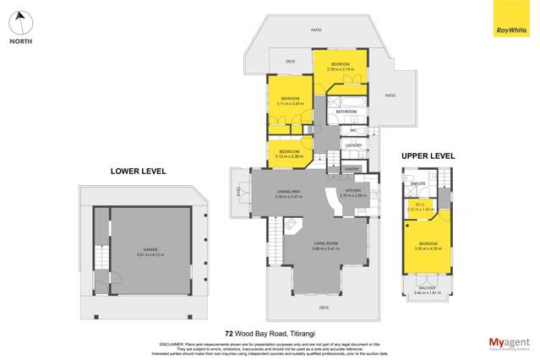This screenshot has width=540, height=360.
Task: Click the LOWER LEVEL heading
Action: (138, 171)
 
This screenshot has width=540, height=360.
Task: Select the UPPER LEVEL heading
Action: (428, 155)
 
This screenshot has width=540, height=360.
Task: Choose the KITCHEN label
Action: (353, 191)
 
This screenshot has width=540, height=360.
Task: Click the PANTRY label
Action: (352, 169)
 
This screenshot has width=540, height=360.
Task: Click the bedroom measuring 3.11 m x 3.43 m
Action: (291, 101)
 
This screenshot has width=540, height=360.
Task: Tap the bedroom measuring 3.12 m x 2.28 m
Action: (290, 153)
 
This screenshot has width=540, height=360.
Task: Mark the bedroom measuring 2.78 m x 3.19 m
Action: (341, 66)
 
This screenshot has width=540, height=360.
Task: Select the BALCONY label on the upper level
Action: (428, 288)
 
